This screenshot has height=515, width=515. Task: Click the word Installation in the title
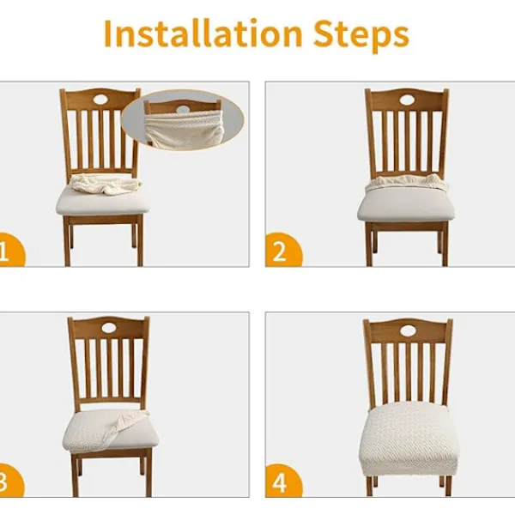203,33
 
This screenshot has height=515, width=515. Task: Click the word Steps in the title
361,35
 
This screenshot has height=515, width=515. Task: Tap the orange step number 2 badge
282,251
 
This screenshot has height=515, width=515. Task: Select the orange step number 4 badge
282,481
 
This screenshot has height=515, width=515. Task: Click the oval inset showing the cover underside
183,120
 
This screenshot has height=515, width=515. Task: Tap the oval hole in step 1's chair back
101,100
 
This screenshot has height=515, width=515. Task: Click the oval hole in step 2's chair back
407,100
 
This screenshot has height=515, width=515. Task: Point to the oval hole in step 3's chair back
110,328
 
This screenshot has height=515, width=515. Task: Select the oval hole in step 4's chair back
408,330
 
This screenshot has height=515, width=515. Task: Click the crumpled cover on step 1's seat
106,184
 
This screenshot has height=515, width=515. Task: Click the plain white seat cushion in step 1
102,203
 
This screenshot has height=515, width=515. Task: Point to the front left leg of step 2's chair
369,245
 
